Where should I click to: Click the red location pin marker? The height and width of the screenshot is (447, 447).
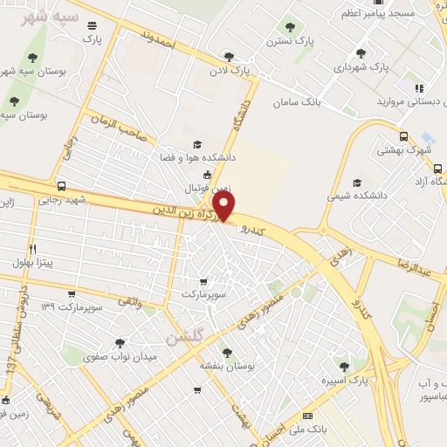(x=225, y=205)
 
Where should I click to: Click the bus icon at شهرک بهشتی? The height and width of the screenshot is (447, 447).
(x=403, y=136)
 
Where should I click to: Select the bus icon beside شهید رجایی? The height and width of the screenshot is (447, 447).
(x=61, y=186)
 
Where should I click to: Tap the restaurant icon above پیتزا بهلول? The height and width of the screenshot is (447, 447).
(x=32, y=249)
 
